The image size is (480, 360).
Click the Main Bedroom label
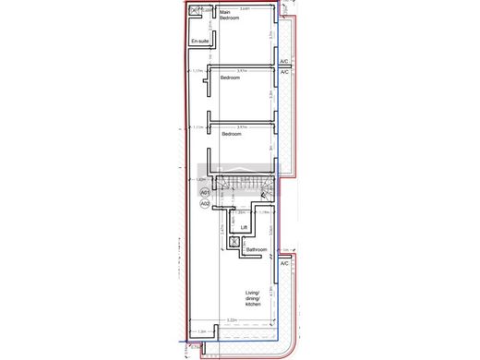pos(230,18)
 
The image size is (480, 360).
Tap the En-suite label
pos(198,42)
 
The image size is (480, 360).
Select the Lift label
pos(244,227)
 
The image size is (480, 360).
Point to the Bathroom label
pos(256,249)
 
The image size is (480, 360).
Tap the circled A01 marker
pos(205,192)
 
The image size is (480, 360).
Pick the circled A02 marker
pos(205,203)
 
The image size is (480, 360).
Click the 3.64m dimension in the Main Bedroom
pos(244,9)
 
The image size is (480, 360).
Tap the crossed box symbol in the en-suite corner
pos(193,11)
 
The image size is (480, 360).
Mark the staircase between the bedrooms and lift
pos(245,188)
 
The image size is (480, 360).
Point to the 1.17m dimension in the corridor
pos(197,70)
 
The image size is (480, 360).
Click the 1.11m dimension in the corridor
pos(197,127)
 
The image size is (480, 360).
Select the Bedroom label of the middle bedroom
pos(230,78)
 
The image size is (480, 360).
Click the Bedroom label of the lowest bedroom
pos(231,135)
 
